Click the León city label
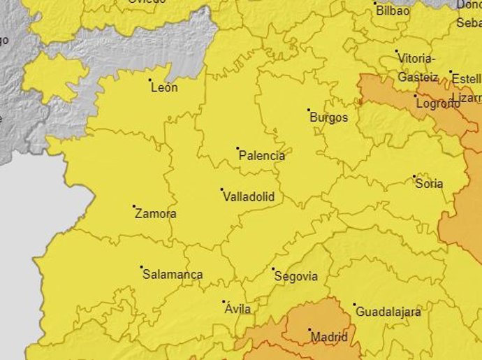click(164, 88)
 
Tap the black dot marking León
click(150, 80)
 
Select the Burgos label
click(328, 117)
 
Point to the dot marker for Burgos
click(309, 110)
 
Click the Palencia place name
click(262, 156)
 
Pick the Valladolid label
click(248, 197)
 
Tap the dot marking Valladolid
click(222, 189)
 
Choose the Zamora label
click(155, 214)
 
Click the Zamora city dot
click(134, 206)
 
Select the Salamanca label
click(173, 275)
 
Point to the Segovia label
click(296, 276)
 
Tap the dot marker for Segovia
click(273, 268)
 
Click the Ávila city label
click(238, 309)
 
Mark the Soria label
click(429, 184)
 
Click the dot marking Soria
click(414, 176)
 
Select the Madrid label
click(330, 337)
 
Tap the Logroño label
click(438, 103)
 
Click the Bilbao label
click(393, 11)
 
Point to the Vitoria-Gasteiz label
click(418, 68)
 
